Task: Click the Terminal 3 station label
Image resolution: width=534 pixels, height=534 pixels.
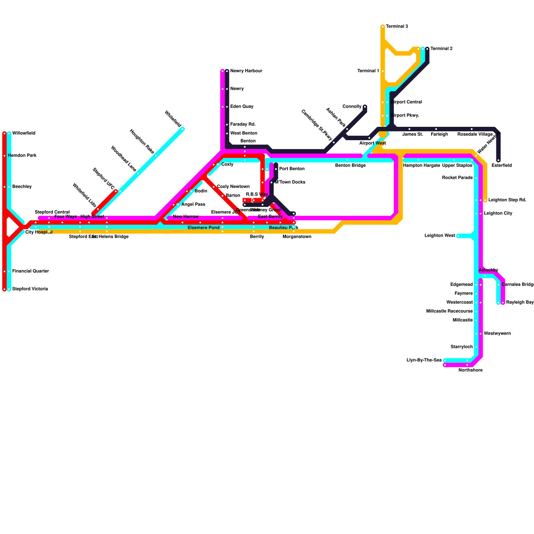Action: [397, 26]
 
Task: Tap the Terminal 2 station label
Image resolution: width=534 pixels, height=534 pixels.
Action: [441, 49]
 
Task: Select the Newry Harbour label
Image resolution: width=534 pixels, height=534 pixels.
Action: [246, 71]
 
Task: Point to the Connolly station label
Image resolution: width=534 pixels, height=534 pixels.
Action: [352, 107]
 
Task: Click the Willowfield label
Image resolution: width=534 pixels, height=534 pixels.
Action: [24, 133]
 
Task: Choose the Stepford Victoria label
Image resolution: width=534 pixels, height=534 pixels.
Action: [30, 289]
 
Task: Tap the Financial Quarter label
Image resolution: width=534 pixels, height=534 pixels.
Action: [30, 271]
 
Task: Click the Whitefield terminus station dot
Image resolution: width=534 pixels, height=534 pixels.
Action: [183, 129]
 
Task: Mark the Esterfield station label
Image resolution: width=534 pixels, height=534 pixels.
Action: [501, 166]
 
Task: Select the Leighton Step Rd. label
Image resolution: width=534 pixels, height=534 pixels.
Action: [507, 200]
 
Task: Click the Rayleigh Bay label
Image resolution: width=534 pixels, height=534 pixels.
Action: [520, 302]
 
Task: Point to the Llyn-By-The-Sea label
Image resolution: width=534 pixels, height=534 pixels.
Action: [424, 360]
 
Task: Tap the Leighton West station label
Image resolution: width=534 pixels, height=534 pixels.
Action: [440, 236]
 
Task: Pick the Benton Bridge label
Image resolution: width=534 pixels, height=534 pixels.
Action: [350, 166]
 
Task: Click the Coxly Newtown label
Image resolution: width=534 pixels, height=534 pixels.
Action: [233, 187]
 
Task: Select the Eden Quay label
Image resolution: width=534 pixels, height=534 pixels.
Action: [242, 106]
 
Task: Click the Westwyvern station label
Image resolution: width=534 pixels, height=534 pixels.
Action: [497, 334]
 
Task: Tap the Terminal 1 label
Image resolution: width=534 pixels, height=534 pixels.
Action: [368, 71]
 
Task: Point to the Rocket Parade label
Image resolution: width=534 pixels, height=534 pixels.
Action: [457, 178]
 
